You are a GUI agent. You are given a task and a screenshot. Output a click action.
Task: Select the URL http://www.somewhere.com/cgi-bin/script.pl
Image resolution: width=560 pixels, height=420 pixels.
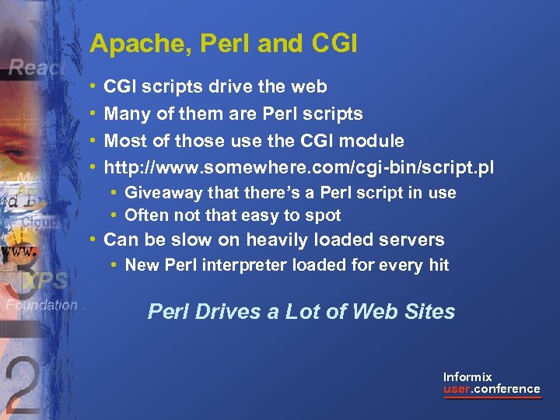coord(299,167)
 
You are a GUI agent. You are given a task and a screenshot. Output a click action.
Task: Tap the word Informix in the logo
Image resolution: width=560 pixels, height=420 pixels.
coord(467,376)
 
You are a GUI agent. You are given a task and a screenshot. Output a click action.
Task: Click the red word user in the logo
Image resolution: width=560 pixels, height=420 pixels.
coord(457,389)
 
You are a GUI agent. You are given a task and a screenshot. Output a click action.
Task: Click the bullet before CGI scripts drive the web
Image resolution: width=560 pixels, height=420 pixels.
coord(93,86)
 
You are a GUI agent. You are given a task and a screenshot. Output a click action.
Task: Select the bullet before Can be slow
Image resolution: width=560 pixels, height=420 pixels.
coord(93,240)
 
